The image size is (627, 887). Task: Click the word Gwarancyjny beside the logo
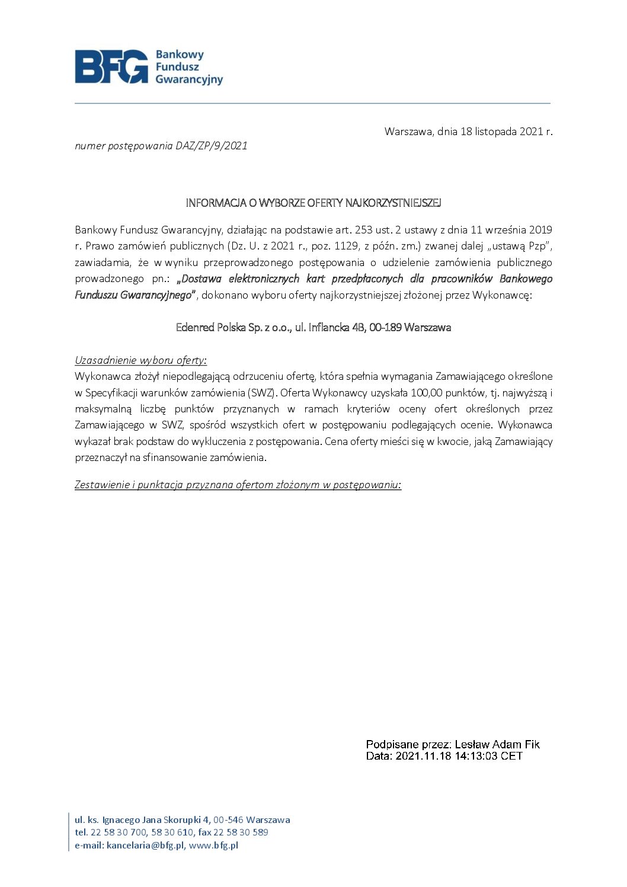189,79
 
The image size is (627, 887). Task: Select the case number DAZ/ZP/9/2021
212,146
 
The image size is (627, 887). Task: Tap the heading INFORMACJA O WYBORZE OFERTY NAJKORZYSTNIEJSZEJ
313,203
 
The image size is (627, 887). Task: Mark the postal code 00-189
385,327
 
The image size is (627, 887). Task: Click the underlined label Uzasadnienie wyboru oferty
140,360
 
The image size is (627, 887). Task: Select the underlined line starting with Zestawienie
238,485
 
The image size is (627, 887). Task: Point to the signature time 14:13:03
477,756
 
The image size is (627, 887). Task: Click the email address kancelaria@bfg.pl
146,846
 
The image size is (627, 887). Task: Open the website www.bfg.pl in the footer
213,846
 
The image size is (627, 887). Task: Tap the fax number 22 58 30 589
241,832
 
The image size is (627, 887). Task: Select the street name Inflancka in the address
330,327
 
